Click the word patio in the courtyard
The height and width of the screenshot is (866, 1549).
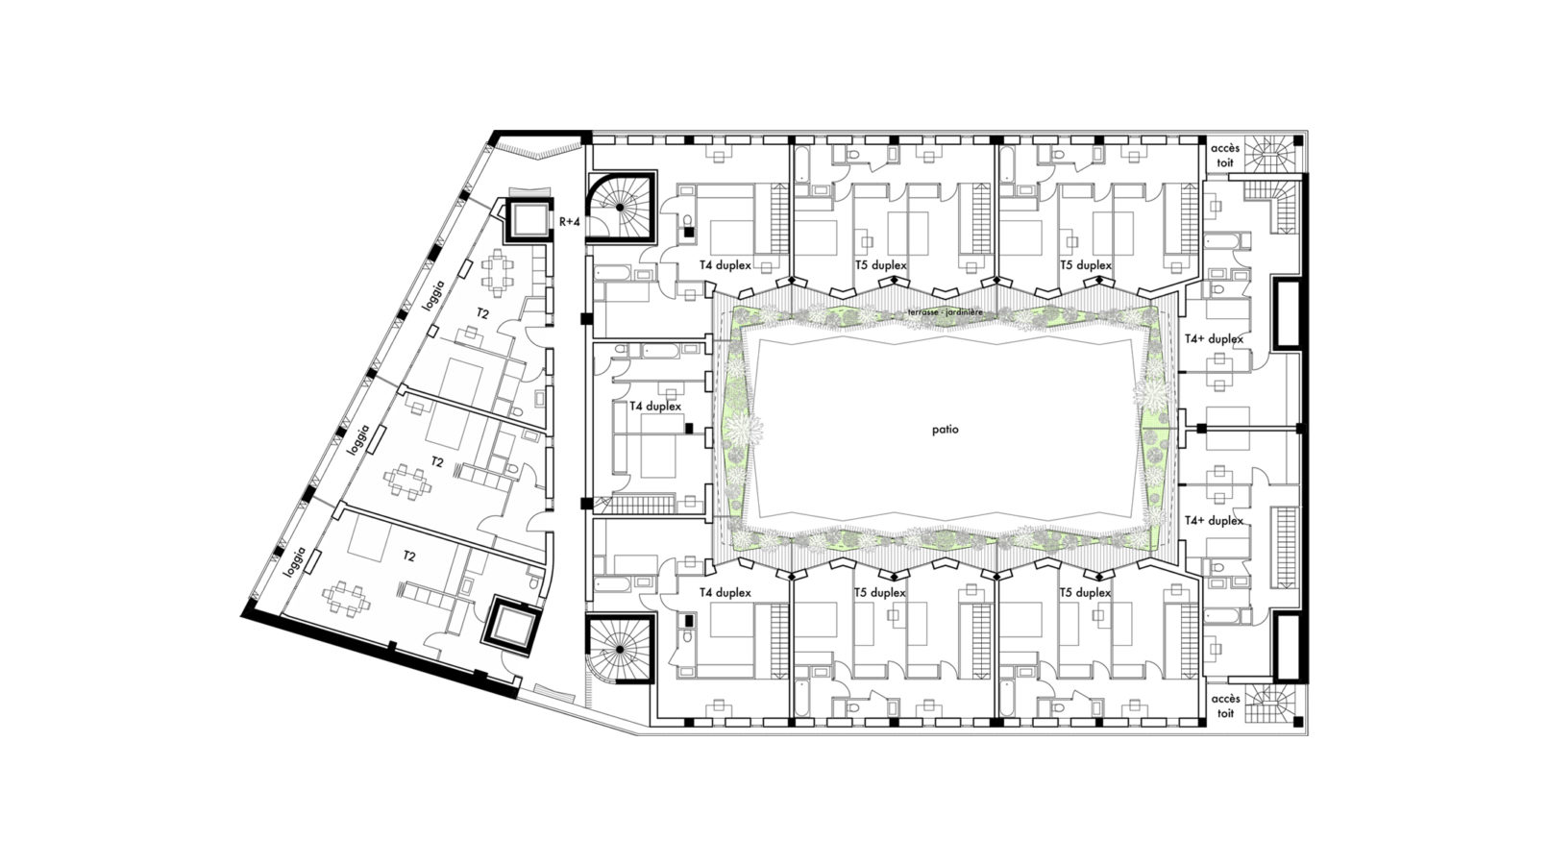(945, 430)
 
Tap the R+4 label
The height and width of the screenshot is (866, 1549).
(570, 222)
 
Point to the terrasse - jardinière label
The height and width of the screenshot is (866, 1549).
(946, 312)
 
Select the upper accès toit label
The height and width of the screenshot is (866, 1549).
(1224, 156)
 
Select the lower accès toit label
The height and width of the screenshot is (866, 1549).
(1224, 705)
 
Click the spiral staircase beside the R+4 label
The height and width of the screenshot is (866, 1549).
(621, 207)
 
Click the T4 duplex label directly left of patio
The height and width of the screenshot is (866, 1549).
(655, 406)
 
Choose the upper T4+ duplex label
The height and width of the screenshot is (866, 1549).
(1214, 339)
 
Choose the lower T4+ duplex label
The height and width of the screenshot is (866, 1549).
(1214, 521)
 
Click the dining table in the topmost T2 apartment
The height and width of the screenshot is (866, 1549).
(497, 272)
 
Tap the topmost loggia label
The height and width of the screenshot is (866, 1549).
(435, 296)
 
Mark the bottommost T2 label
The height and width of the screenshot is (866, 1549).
(408, 557)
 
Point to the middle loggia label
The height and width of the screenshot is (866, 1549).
(357, 439)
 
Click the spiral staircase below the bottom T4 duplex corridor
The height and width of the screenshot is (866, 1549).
(619, 649)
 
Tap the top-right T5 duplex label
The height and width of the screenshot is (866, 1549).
(1085, 265)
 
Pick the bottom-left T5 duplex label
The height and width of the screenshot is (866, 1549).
(879, 593)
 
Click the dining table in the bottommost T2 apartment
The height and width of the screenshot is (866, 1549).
(345, 598)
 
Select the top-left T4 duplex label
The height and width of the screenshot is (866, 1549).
(725, 265)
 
